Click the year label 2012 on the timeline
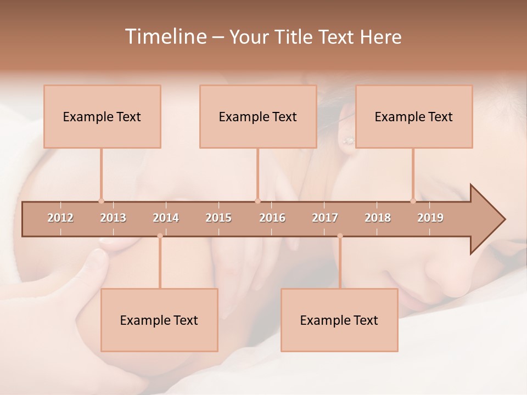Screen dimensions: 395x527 (x=60, y=218)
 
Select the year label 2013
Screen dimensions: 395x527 (x=113, y=218)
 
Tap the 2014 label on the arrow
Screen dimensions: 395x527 (x=166, y=218)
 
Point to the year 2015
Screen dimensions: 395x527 (x=218, y=218)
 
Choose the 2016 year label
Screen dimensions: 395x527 (x=272, y=218)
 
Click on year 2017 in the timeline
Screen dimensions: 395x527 (x=325, y=218)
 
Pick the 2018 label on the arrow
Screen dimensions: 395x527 (x=378, y=218)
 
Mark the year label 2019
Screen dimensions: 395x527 (x=430, y=218)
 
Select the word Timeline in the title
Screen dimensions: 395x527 (x=165, y=37)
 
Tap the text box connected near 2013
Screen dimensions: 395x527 (x=102, y=116)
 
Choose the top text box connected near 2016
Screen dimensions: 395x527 (x=258, y=116)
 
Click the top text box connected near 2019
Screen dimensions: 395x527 (x=414, y=116)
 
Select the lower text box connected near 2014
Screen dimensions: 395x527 (x=159, y=320)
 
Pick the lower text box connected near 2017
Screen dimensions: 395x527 (x=339, y=320)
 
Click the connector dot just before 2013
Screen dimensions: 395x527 (x=101, y=201)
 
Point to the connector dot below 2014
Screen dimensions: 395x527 (x=160, y=236)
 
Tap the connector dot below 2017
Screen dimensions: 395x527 (x=340, y=236)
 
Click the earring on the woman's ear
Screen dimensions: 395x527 (x=348, y=141)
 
